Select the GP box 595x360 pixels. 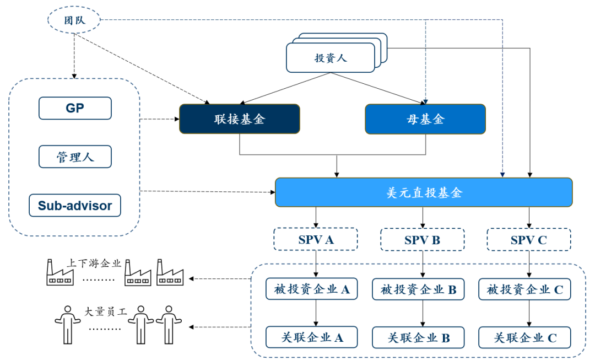[75, 108]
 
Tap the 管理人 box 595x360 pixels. [75, 157]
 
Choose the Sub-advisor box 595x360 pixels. [75, 206]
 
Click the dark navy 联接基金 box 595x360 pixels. [240, 119]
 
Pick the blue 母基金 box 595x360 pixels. [425, 119]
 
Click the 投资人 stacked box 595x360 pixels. [331, 58]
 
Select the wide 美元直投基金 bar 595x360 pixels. [424, 192]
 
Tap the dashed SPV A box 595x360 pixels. [316, 240]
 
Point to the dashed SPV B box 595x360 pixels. [422, 240]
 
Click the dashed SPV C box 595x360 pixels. [528, 240]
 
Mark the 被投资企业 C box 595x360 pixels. [524, 289]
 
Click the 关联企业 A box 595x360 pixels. [312, 337]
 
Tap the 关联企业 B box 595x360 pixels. [418, 337]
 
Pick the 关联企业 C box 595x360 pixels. [524, 337]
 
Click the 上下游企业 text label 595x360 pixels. [94, 263]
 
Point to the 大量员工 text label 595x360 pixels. [105, 311]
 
